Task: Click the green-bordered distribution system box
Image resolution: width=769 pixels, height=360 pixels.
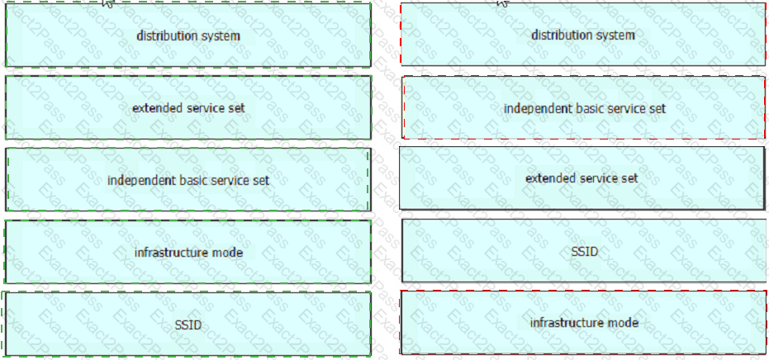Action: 188,35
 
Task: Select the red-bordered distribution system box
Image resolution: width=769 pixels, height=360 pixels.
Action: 583,35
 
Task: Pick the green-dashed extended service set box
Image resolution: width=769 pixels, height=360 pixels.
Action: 188,107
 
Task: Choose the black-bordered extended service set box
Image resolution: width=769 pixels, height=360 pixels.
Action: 582,178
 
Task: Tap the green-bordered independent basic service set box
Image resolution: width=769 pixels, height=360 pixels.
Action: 188,180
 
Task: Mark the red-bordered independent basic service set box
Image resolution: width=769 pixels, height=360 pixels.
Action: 584,107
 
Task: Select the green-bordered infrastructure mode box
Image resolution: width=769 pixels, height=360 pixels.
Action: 188,252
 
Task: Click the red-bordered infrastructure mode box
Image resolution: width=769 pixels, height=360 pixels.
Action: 584,322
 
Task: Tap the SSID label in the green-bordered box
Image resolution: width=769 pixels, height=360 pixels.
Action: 188,324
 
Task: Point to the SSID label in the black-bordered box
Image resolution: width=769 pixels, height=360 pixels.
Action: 585,252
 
